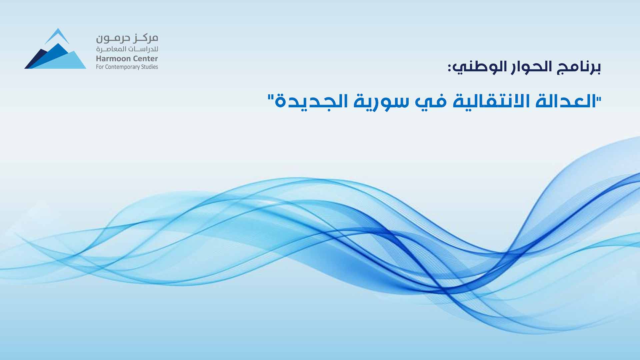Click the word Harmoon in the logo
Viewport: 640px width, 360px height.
(x=110, y=59)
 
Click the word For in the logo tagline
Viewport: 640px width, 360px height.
(x=100, y=67)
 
